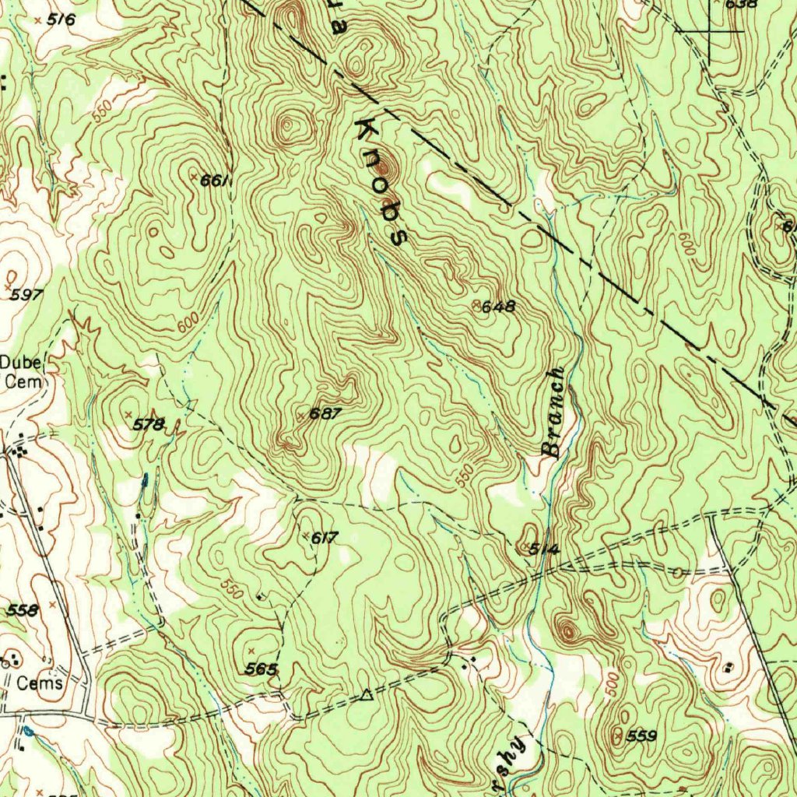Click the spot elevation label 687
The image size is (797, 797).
coord(325,414)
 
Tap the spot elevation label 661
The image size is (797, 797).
coord(213,181)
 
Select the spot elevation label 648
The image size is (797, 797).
coord(498,307)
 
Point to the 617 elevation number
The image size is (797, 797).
coord(324,537)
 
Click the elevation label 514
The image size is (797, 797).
coord(544,549)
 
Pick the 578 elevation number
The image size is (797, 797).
coord(148,424)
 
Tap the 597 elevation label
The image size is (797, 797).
coord(26,295)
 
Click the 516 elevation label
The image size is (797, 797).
coord(61,20)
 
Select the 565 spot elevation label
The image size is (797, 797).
coord(261,669)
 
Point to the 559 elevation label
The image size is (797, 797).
coord(642,736)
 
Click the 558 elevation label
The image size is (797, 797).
coord(22,611)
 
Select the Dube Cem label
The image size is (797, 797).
coord(23,371)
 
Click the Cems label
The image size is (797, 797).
coord(40,683)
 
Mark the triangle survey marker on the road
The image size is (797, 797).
coord(367,694)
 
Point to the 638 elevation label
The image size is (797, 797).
coord(740,4)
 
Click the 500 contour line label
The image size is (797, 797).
coord(613,683)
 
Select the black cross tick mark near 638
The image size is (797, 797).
coord(710,30)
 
